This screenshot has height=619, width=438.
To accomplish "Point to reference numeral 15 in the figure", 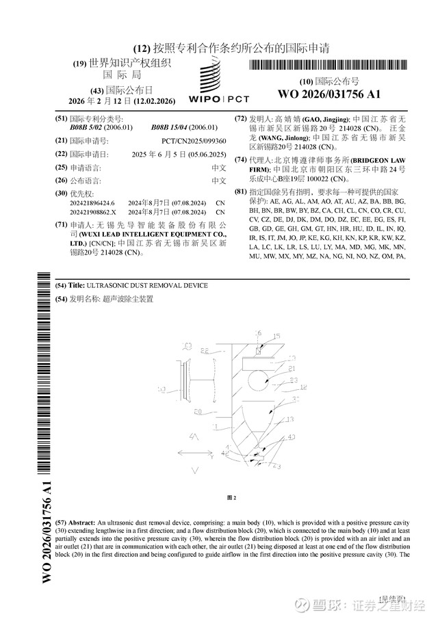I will [277, 336].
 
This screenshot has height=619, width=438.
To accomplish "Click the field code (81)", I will [239, 192].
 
